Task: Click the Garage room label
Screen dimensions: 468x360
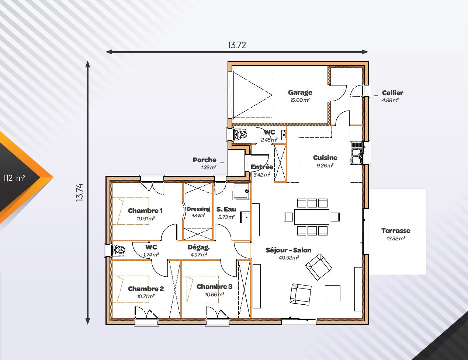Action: [300, 92]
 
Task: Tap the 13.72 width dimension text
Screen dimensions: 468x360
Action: [237, 45]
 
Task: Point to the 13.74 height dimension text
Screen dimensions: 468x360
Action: [79, 193]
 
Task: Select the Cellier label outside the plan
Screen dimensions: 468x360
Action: [392, 93]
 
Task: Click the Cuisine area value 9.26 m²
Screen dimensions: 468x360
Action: [325, 165]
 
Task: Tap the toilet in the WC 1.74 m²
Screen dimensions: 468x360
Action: [119, 250]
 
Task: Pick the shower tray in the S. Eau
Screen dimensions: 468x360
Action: [241, 191]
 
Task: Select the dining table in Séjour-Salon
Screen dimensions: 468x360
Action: [312, 217]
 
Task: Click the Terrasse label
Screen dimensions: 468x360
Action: [396, 231]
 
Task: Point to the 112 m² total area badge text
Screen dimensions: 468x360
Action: [14, 178]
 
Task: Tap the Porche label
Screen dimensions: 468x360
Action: [204, 160]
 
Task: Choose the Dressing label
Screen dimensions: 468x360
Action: [198, 209]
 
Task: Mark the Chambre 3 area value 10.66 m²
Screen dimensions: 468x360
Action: [214, 294]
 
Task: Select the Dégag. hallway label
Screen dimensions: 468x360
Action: [198, 247]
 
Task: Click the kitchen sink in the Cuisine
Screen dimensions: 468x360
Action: [357, 153]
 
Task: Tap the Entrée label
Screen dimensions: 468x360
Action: [262, 167]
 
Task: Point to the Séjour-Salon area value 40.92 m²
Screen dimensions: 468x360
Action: [289, 258]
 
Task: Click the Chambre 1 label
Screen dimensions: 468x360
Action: [145, 211]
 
